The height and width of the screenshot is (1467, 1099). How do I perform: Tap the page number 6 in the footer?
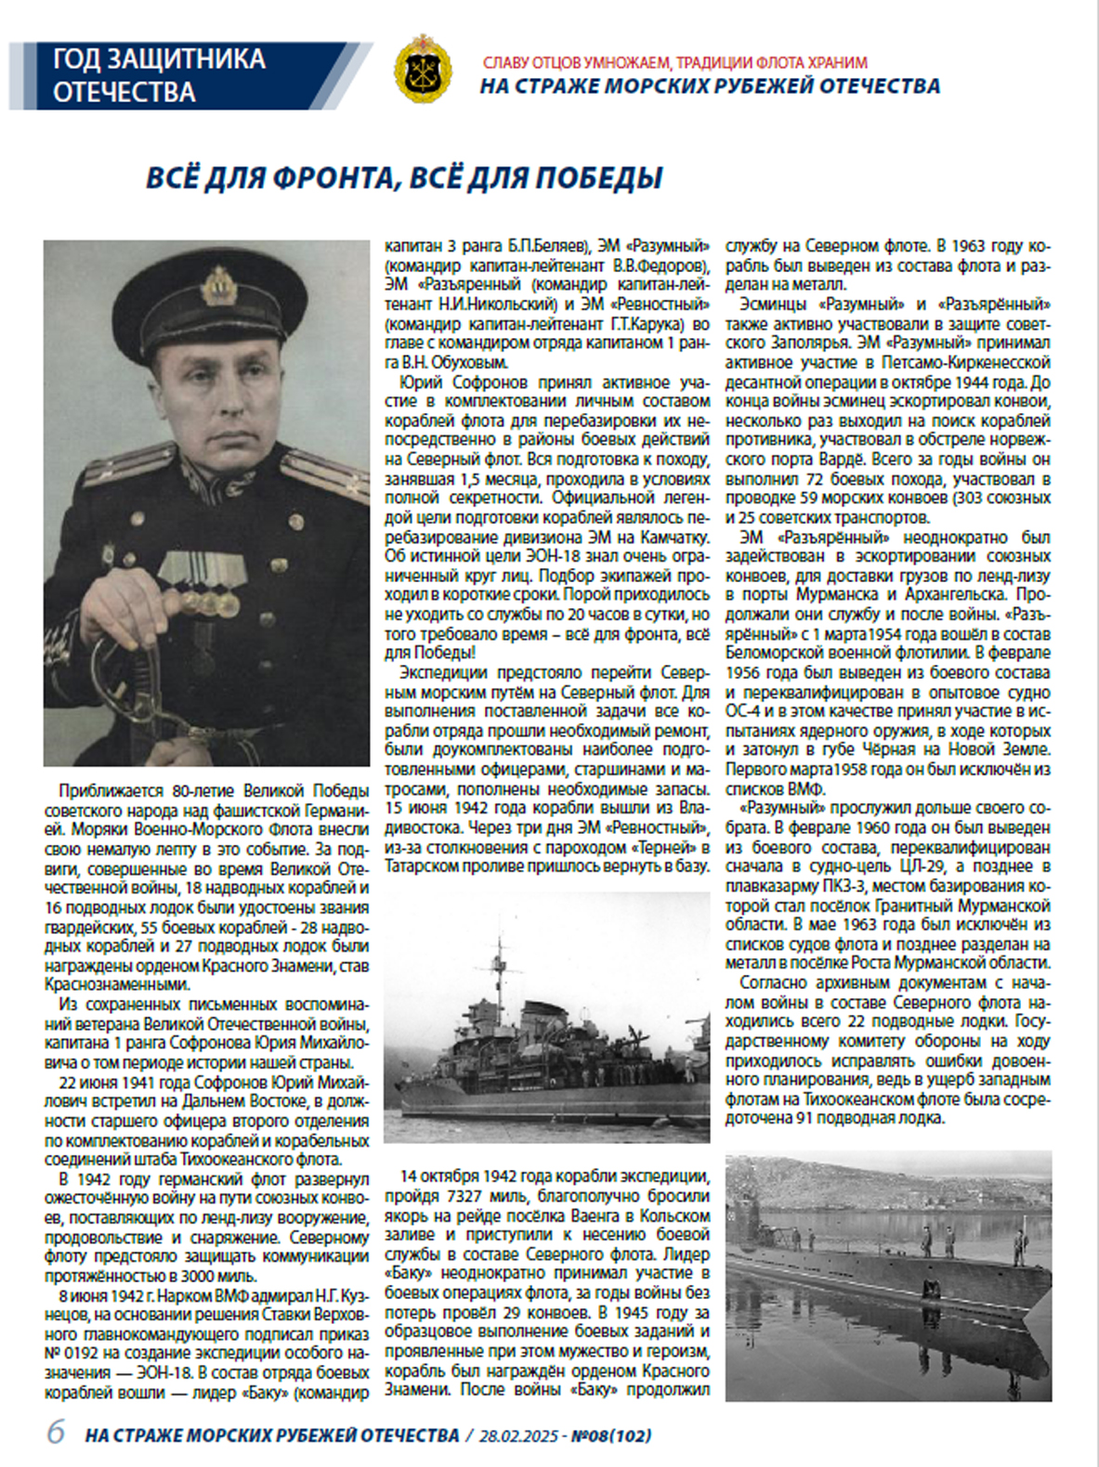(x=56, y=1433)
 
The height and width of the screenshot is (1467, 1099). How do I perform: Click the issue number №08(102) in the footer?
(x=610, y=1435)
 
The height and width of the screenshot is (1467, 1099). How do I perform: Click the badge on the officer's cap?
(x=219, y=285)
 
